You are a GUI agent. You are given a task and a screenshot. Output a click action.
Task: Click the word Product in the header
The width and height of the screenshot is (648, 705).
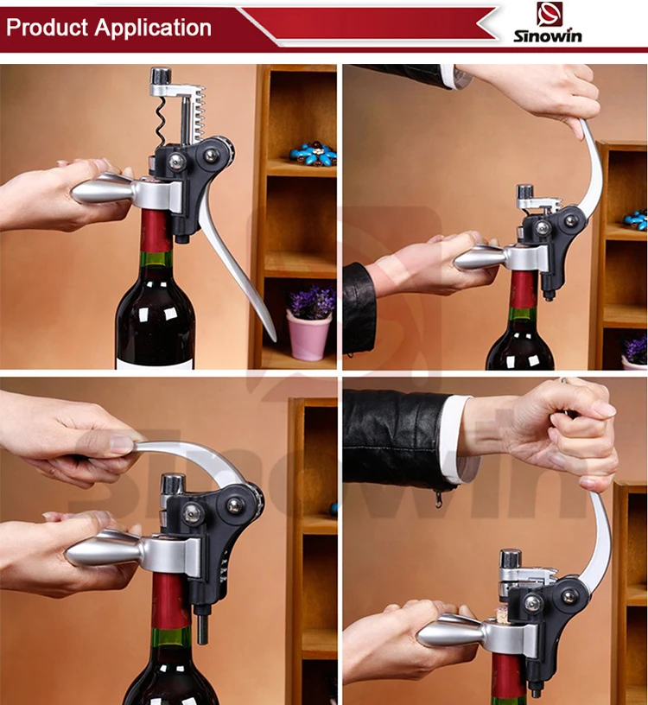pos(47,28)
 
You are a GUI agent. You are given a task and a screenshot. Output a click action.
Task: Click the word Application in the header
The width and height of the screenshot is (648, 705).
pos(152,29)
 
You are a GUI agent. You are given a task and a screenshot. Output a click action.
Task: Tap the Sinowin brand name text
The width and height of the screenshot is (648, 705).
pos(547,36)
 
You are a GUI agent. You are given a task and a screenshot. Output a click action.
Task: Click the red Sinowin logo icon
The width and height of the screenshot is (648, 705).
pos(549,15)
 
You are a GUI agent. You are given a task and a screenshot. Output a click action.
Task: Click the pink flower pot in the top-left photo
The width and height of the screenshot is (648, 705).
pos(309,335)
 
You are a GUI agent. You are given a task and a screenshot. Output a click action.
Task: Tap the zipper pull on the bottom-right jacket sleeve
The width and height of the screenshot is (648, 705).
pos(437,499)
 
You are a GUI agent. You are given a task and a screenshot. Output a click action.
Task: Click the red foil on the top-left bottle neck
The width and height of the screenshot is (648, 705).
pos(155,231)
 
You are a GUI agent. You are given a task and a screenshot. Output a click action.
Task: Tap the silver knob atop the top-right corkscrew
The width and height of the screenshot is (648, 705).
pos(524,192)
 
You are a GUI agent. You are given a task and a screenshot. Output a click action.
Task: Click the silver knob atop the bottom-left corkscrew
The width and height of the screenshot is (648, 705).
pos(173,484)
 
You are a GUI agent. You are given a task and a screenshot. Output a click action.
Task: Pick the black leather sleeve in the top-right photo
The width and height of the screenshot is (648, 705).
pos(359,307)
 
